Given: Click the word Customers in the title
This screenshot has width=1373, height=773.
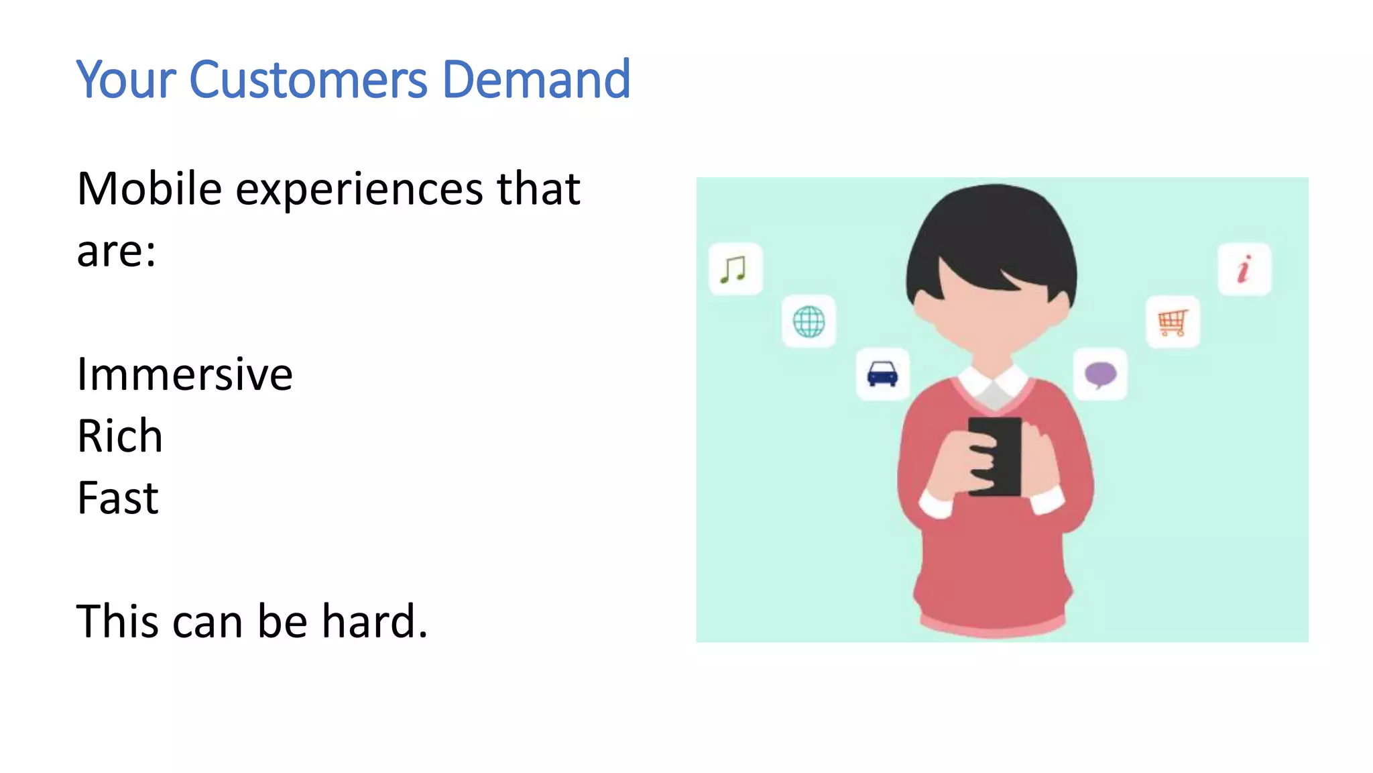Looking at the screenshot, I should coord(308,80).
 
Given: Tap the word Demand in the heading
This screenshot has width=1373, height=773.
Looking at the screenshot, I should coord(536,80).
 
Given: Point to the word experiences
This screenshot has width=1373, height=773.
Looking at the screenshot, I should coord(359,190).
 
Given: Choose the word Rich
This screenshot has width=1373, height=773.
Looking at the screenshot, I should coord(120,436).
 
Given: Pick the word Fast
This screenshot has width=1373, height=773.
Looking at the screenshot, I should coord(118,498).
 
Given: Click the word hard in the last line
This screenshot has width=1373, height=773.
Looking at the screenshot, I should coord(374,621).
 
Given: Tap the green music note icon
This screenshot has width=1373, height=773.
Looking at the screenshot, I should coord(735,269).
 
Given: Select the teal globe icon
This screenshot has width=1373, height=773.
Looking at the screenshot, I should coord(809,322).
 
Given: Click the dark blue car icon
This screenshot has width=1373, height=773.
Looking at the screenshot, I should coord(882,374).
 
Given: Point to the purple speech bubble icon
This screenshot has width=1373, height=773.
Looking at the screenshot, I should coord(1100,374).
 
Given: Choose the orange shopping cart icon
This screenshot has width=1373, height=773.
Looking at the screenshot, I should coord(1173,322).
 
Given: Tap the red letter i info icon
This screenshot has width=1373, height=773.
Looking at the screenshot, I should coord(1244,269).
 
